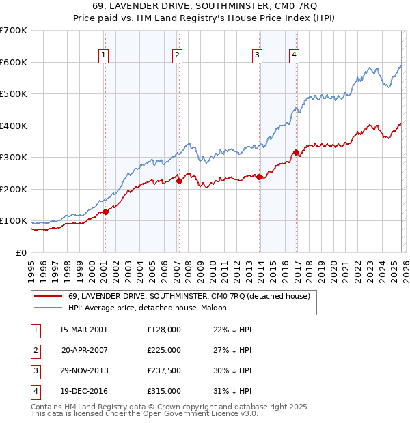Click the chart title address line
[204, 7]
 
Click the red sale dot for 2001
[105, 211]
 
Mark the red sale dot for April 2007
[179, 181]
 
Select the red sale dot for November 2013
[259, 177]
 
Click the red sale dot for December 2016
[296, 152]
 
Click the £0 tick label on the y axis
[20, 253]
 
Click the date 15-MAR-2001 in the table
[83, 329]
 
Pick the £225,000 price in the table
[164, 350]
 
